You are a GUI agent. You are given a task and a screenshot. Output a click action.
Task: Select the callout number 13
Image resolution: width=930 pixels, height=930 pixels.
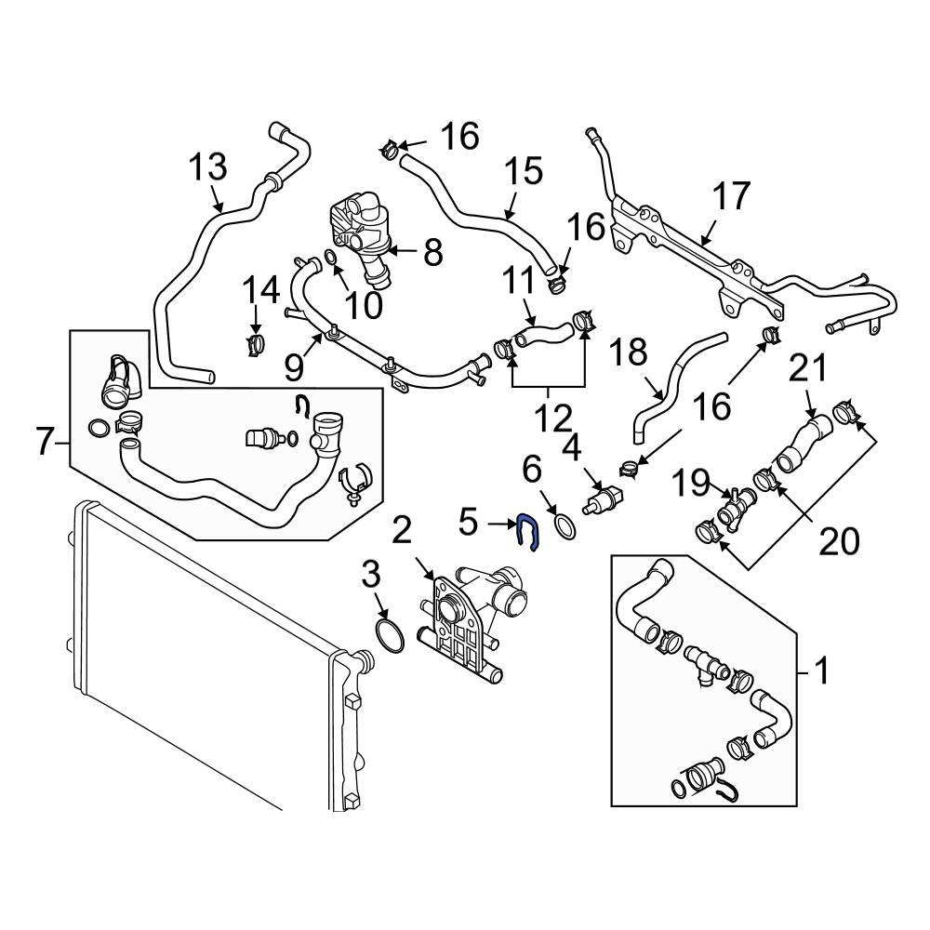[x=207, y=168]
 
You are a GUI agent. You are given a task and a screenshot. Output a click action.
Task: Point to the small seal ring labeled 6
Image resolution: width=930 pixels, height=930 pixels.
[x=563, y=525]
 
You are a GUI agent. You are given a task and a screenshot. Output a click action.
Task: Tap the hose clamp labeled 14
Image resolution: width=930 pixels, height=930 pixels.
[x=256, y=345]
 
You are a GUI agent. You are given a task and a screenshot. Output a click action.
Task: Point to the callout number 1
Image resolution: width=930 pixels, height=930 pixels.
[x=821, y=668]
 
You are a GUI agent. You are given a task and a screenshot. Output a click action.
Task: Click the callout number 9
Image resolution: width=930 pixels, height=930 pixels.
[x=294, y=368]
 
